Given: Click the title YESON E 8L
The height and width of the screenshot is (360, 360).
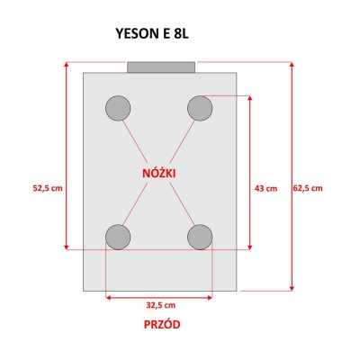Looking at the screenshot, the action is pos(152,33).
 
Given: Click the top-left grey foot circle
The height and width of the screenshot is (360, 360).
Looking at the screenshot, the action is pos(118,108).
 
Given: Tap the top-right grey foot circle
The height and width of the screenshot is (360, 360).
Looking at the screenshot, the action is pos(200,108).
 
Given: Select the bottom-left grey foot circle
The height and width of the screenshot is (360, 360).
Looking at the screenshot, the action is pos(118,237).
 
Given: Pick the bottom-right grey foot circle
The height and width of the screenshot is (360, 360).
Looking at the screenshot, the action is pos(200,237).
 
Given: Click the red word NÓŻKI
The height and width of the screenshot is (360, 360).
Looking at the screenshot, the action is pos(159,173).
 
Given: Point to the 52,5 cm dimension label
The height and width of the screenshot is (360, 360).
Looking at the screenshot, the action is pos(48,188).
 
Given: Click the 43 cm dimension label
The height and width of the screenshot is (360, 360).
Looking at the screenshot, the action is pos(265,189).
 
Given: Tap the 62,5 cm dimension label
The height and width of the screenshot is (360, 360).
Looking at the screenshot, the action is pos(308,188).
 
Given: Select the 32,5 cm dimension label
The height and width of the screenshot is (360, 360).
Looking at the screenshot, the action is pos(161,305).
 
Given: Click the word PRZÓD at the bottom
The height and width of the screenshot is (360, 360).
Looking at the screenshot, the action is pos(162,325).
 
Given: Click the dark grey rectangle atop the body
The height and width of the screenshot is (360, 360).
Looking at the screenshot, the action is pos(161,67).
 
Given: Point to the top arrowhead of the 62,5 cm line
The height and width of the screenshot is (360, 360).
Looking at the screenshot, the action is pos(292,65).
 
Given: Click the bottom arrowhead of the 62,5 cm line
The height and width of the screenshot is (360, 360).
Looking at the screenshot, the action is pos(292,288).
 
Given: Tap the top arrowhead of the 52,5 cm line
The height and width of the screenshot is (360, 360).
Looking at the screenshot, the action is pos(67,65).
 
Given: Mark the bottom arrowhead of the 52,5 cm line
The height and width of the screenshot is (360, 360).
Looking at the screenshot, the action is pos(67,247).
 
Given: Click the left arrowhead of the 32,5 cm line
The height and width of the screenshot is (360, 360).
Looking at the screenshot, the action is pos(109,298).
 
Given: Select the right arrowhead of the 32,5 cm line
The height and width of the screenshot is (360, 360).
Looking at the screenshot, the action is pos(210,298).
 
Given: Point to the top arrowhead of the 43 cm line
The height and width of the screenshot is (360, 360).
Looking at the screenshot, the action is pos(250,99).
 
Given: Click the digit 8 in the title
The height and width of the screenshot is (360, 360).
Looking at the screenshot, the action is pos(176,34).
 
